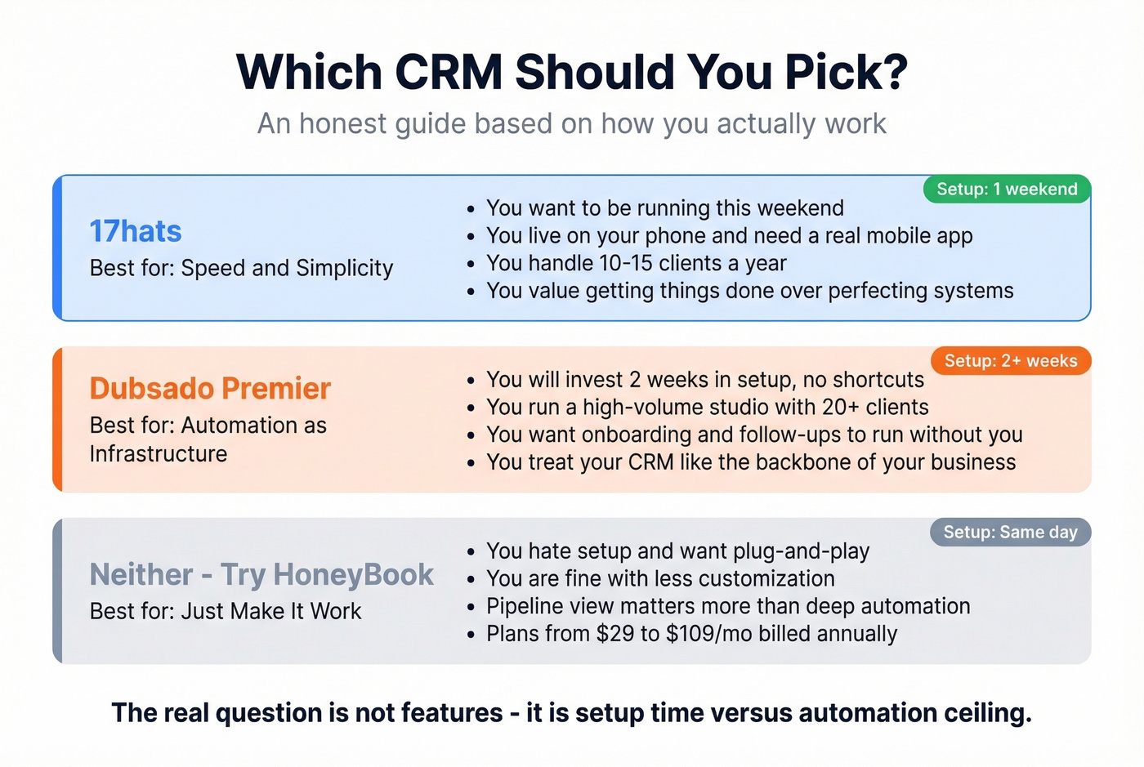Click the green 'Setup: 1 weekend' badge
(x=1007, y=190)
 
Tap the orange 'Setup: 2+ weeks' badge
(x=1011, y=361)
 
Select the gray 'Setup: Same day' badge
(x=1010, y=533)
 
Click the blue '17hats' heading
(x=136, y=231)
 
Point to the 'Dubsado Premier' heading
(x=210, y=388)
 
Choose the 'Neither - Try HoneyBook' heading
(x=261, y=574)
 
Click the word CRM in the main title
(x=449, y=72)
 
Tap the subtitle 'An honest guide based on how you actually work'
(x=572, y=123)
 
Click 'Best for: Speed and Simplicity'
(x=241, y=268)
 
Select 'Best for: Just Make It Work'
(x=225, y=611)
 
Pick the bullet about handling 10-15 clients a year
(x=636, y=263)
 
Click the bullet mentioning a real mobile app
(x=729, y=236)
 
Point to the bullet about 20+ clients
(x=707, y=407)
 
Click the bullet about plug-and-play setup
(x=677, y=551)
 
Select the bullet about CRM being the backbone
(x=750, y=462)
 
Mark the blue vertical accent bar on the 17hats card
(x=58, y=247)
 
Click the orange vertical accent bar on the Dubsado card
(x=58, y=419)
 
